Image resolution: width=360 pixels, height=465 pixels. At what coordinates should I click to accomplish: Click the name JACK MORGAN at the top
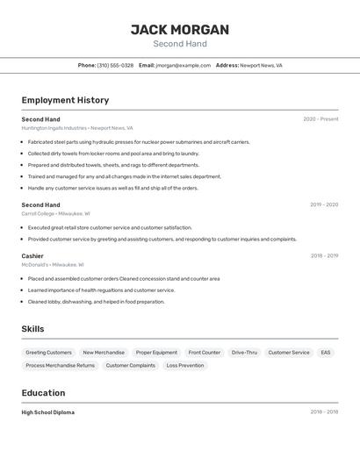click(x=180, y=30)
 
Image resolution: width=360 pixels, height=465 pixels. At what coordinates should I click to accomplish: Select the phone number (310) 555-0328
click(x=115, y=65)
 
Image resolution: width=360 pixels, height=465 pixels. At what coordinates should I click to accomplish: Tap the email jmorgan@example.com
click(x=184, y=65)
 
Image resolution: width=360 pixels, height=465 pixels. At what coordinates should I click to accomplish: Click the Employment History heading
click(x=65, y=100)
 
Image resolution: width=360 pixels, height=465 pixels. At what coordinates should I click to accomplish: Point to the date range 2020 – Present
click(x=320, y=119)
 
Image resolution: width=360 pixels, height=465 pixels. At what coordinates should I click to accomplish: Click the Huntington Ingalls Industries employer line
click(x=77, y=128)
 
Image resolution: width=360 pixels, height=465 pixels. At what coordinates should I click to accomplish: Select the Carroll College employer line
click(x=55, y=213)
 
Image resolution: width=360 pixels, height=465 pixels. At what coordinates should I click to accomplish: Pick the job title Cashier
click(x=32, y=255)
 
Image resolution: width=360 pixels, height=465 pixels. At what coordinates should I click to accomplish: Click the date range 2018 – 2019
click(x=324, y=255)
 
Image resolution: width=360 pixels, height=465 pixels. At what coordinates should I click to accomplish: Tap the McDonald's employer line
click(x=53, y=264)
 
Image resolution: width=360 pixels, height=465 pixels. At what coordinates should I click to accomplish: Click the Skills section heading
click(x=33, y=329)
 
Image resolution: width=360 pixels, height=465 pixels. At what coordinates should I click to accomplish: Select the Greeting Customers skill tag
click(x=48, y=353)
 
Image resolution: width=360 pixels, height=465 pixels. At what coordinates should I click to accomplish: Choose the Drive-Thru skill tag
click(x=244, y=353)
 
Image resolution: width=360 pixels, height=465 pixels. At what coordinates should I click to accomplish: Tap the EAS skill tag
click(x=326, y=353)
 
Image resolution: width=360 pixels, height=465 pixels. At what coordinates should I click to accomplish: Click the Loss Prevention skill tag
click(x=185, y=365)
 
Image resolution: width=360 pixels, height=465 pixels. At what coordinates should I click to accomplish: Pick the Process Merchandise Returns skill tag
click(x=60, y=365)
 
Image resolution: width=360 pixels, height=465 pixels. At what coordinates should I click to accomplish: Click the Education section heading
click(x=43, y=392)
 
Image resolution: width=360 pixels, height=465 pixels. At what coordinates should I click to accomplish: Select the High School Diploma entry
click(x=48, y=412)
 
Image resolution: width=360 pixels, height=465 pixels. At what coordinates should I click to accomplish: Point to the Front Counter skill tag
click(x=205, y=353)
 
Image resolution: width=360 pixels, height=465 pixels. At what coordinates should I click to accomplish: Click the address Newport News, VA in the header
click(x=261, y=65)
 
